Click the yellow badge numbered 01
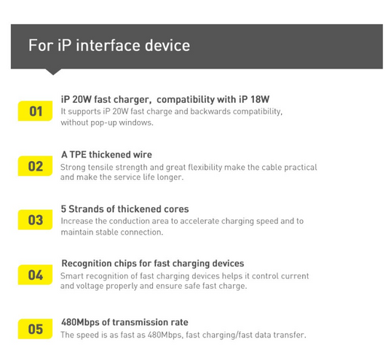35,111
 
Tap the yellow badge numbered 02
35,166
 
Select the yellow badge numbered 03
35,220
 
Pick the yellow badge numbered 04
35,275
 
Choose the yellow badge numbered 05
35,329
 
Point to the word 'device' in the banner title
167,45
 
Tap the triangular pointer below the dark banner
53,71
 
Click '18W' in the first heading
260,99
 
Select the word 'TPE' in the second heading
78,154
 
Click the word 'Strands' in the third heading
86,209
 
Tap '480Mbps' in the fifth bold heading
80,323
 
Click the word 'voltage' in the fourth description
90,286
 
